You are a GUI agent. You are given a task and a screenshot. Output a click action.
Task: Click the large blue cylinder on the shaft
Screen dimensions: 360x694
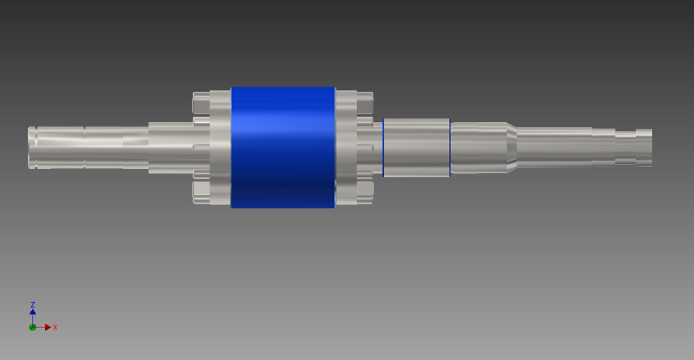click(283, 147)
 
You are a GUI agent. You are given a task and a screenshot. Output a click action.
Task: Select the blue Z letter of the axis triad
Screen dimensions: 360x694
click(33, 305)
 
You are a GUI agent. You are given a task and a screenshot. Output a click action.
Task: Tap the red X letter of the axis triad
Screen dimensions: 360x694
click(55, 327)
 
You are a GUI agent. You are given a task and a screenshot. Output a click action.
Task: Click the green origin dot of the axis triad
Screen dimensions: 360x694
click(33, 327)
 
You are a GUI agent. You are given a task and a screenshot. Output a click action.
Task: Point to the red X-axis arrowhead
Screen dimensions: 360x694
click(48, 327)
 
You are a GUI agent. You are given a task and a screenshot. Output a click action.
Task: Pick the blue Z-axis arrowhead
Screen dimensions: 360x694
click(33, 312)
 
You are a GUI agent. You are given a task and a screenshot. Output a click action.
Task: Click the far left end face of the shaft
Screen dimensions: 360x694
click(30, 147)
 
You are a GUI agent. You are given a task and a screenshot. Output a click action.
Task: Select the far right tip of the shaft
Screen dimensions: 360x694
click(650, 147)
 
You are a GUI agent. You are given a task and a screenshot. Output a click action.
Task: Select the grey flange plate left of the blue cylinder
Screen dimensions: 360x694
click(220, 147)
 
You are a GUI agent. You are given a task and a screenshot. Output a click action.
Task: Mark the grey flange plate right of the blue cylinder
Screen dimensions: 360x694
click(346, 147)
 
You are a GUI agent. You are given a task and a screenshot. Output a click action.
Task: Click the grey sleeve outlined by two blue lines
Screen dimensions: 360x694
click(416, 147)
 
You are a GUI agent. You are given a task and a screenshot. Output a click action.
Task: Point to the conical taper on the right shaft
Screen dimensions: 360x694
click(511, 147)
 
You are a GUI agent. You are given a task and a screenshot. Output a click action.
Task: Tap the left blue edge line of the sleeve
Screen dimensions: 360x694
click(383, 147)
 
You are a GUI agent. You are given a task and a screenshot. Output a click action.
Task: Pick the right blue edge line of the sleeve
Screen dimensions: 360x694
click(450, 147)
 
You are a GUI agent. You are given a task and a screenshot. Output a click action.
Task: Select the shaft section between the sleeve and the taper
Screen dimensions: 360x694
click(477, 147)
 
